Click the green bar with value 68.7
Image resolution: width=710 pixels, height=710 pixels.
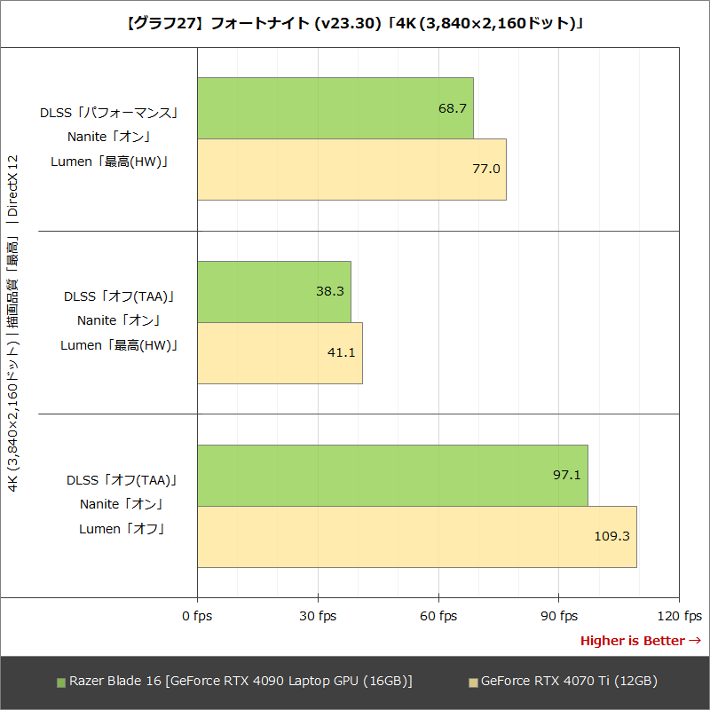pyautogui.click(x=335, y=108)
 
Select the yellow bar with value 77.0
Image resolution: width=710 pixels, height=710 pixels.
pyautogui.click(x=351, y=170)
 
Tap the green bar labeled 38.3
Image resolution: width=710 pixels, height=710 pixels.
pyautogui.click(x=274, y=291)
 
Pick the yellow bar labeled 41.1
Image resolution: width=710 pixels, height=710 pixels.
pyautogui.click(x=280, y=352)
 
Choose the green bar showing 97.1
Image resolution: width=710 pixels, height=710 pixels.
pyautogui.click(x=392, y=475)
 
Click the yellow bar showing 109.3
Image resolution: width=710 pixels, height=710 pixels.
pyautogui.click(x=417, y=536)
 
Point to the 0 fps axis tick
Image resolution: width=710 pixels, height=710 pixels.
pyautogui.click(x=197, y=616)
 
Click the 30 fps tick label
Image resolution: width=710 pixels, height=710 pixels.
pyautogui.click(x=318, y=616)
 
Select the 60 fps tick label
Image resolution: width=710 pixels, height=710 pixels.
pyautogui.click(x=438, y=616)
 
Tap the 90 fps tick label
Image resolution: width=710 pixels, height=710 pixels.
pyautogui.click(x=558, y=616)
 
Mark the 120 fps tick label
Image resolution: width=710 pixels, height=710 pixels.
pyautogui.click(x=679, y=616)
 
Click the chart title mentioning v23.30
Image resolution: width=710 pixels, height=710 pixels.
pyautogui.click(x=355, y=24)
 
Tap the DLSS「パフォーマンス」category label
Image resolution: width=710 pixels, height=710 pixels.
pyautogui.click(x=109, y=113)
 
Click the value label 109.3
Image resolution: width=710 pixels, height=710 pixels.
pyautogui.click(x=611, y=536)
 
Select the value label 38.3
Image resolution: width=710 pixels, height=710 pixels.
pyautogui.click(x=329, y=291)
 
